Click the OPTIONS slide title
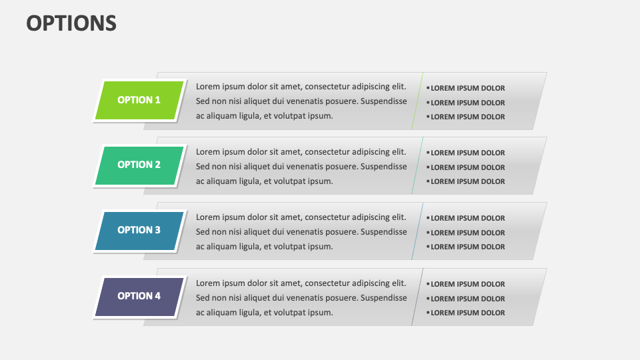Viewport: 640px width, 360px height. tap(71, 23)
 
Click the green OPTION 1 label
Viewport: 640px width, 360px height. tap(139, 100)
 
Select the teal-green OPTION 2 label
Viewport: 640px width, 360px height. tap(139, 165)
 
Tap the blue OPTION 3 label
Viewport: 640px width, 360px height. tap(139, 230)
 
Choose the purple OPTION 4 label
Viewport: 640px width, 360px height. tap(139, 296)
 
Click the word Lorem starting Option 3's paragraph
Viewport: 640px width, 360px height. tap(208, 217)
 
